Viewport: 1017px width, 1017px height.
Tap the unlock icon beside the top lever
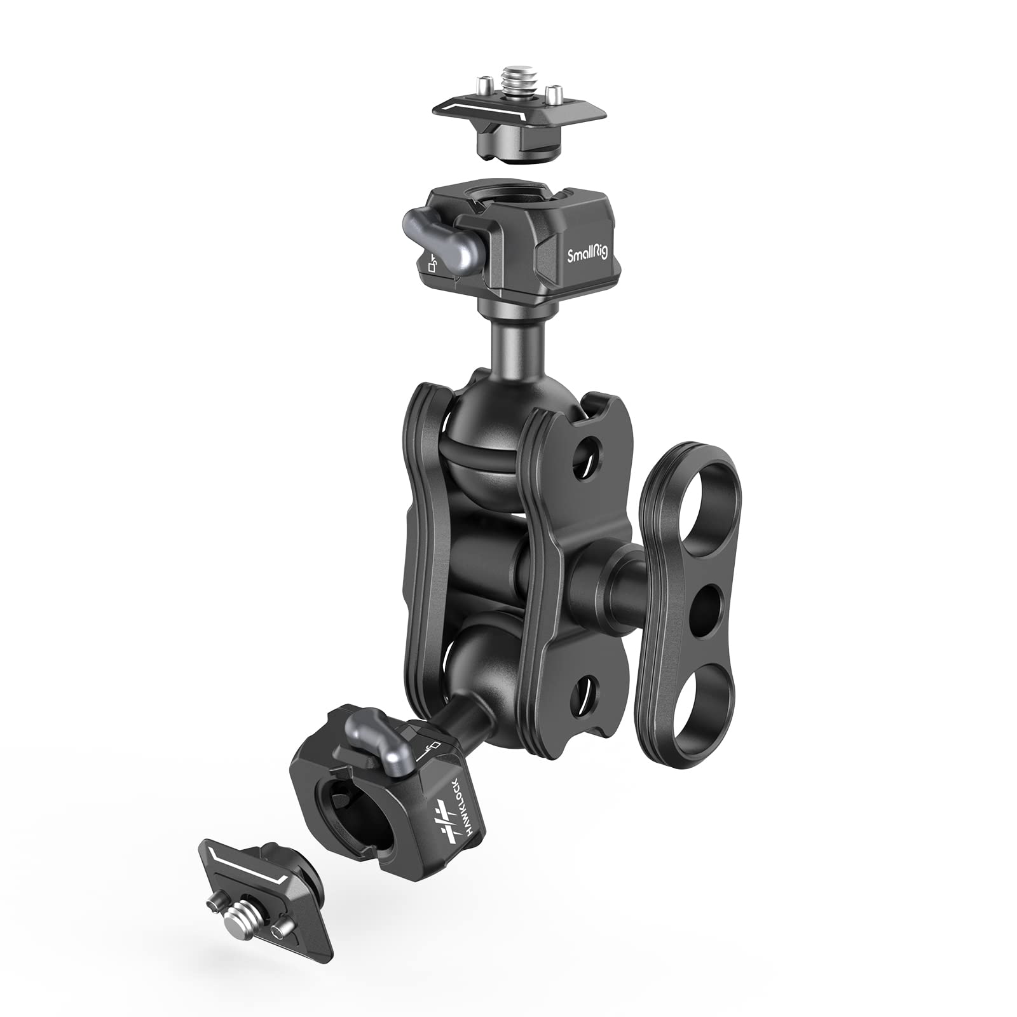point(433,263)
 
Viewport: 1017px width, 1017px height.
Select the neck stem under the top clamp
point(508,344)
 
